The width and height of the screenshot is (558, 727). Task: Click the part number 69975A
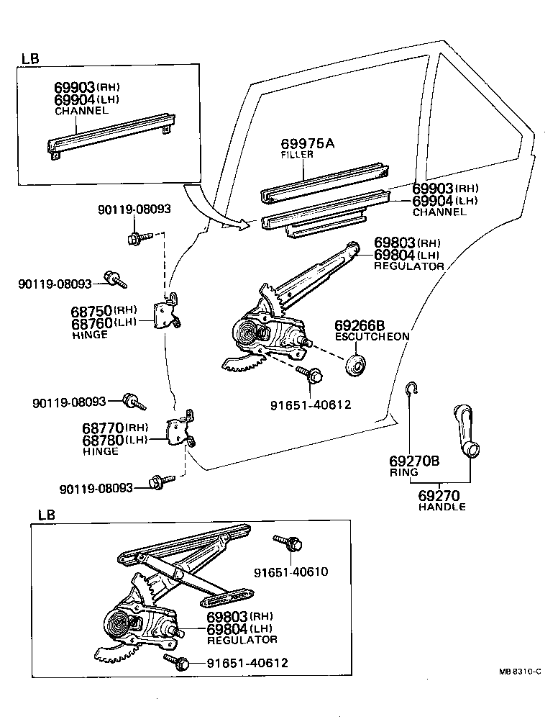click(307, 143)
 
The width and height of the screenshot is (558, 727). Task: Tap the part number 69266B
click(360, 325)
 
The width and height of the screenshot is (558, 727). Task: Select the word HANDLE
click(442, 507)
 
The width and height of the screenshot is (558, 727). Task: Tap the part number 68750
click(91, 311)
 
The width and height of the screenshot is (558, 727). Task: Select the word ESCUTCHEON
click(372, 336)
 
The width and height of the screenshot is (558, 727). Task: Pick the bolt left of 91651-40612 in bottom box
click(178, 660)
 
